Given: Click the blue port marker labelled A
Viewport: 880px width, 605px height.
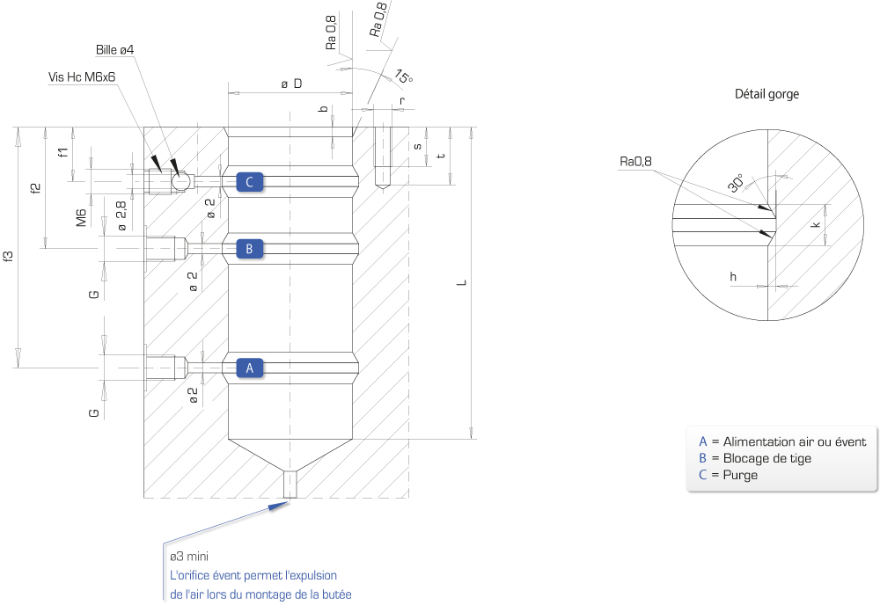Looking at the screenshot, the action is click(x=250, y=368).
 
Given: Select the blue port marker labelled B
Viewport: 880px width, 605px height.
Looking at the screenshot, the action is click(x=250, y=248).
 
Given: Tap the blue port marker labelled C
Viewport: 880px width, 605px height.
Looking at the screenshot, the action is click(x=250, y=182).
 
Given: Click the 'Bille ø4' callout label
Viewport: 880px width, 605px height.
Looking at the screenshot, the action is click(x=115, y=50).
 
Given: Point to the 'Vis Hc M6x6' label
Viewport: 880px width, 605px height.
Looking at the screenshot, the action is click(x=82, y=77).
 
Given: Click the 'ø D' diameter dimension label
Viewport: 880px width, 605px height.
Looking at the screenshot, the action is click(x=292, y=84).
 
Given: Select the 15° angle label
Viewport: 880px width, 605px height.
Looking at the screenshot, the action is click(x=404, y=76).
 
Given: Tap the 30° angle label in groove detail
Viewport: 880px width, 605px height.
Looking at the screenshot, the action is click(x=737, y=183).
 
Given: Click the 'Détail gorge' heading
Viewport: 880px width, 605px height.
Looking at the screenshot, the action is click(x=766, y=93).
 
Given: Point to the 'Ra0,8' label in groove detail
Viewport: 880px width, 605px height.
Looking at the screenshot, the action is click(x=636, y=162).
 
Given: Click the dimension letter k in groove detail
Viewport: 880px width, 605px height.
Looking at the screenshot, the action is click(x=816, y=224).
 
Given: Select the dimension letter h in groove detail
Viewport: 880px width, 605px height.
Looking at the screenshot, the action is click(x=733, y=276).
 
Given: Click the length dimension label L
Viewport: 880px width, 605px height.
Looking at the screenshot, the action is click(x=461, y=282).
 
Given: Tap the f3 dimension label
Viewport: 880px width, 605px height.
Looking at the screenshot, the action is click(x=8, y=256).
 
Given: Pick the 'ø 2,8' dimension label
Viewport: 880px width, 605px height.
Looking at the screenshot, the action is click(x=121, y=216).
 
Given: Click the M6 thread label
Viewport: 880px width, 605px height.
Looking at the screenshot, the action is click(x=82, y=217).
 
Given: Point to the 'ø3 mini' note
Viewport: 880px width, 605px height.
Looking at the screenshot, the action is click(x=189, y=557).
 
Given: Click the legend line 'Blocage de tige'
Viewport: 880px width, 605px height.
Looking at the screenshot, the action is click(x=766, y=458).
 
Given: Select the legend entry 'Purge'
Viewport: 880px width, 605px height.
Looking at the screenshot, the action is click(x=740, y=475).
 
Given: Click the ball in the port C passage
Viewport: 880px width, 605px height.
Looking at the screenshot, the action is click(x=181, y=182).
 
